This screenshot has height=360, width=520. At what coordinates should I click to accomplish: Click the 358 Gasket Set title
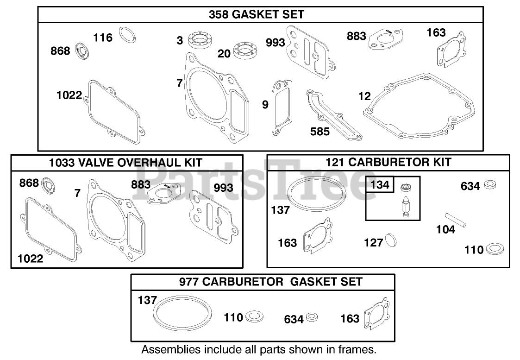[x=256, y=14]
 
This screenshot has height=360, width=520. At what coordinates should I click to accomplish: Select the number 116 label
[x=103, y=38]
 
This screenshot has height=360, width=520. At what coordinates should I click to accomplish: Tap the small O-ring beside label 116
[x=127, y=35]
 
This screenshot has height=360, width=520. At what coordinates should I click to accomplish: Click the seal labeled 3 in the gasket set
[x=200, y=41]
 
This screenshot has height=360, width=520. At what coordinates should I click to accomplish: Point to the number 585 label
[x=320, y=132]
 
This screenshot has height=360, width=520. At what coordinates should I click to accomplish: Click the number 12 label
[x=365, y=96]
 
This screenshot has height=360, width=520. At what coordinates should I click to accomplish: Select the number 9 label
[x=265, y=105]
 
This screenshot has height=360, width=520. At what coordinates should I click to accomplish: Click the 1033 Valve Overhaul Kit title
[x=125, y=163]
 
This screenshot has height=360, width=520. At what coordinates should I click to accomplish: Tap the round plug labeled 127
[x=391, y=241]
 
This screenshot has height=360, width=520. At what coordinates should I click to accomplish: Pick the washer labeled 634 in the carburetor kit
[x=490, y=185]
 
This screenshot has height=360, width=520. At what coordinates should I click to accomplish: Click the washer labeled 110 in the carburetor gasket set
[x=254, y=317]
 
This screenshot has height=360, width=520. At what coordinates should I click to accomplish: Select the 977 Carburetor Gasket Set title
[x=263, y=281]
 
